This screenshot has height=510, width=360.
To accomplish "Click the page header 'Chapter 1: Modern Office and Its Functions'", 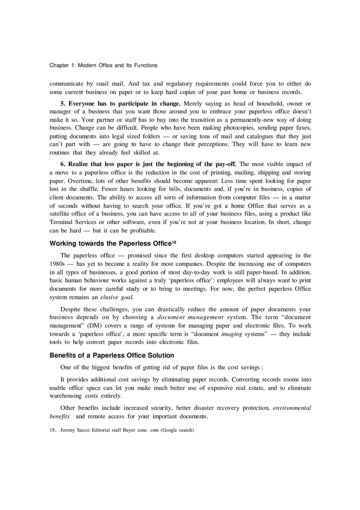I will click(x=103, y=65).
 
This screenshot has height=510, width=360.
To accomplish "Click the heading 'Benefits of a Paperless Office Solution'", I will click(x=112, y=355).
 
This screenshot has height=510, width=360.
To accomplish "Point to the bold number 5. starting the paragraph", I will click(x=63, y=103).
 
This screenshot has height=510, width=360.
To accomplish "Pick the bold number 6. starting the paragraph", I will click(x=63, y=164).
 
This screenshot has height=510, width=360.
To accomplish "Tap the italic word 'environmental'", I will click(x=292, y=408).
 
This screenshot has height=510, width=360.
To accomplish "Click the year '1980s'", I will click(x=58, y=264).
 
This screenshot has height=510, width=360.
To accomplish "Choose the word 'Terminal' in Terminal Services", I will click(x=62, y=222).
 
